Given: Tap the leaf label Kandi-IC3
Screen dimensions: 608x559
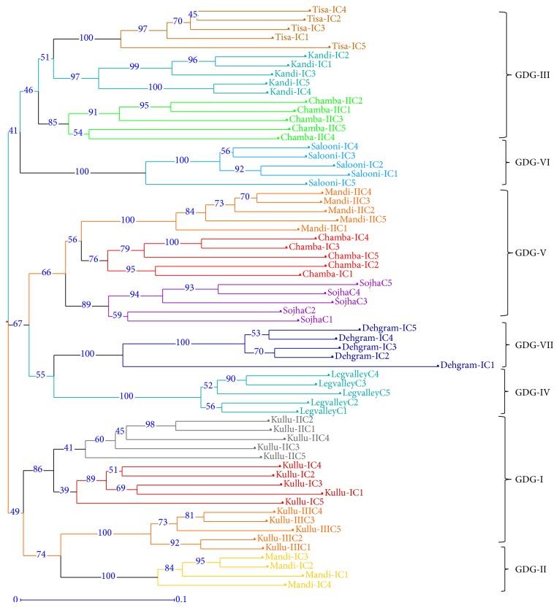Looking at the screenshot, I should coord(291,74).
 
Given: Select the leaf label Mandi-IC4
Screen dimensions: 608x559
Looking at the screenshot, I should coord(305,585).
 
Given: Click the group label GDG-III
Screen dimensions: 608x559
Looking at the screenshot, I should coord(529,74).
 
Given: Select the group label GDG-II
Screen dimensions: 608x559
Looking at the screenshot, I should coord(528,566).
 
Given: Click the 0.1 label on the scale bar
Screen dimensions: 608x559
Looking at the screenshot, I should coord(180,600).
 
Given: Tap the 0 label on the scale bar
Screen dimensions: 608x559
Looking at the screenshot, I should coord(14,600).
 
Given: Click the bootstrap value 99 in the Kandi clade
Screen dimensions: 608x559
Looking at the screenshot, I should coord(134,66).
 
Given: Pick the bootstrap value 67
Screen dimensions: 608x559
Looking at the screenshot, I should coord(18,323).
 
